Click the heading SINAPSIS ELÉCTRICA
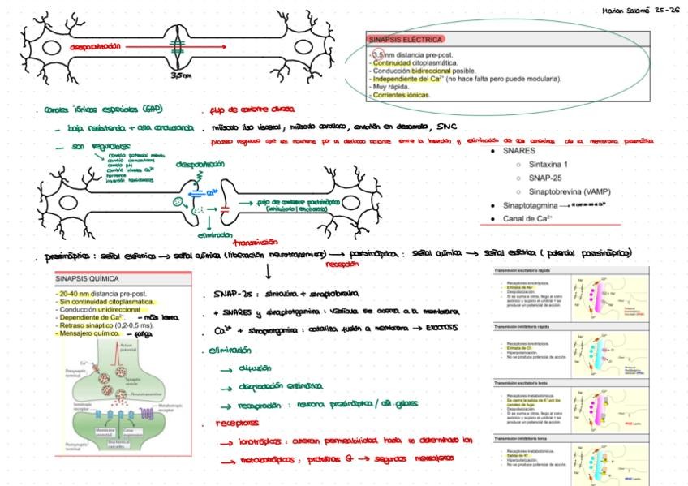point(406,39)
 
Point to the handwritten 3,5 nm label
point(181,75)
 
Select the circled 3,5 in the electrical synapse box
point(378,54)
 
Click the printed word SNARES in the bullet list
point(519,151)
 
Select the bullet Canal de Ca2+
point(527,218)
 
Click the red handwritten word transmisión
point(255,241)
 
